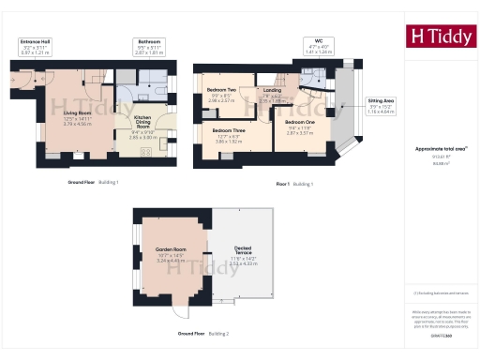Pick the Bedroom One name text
(300, 123)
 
